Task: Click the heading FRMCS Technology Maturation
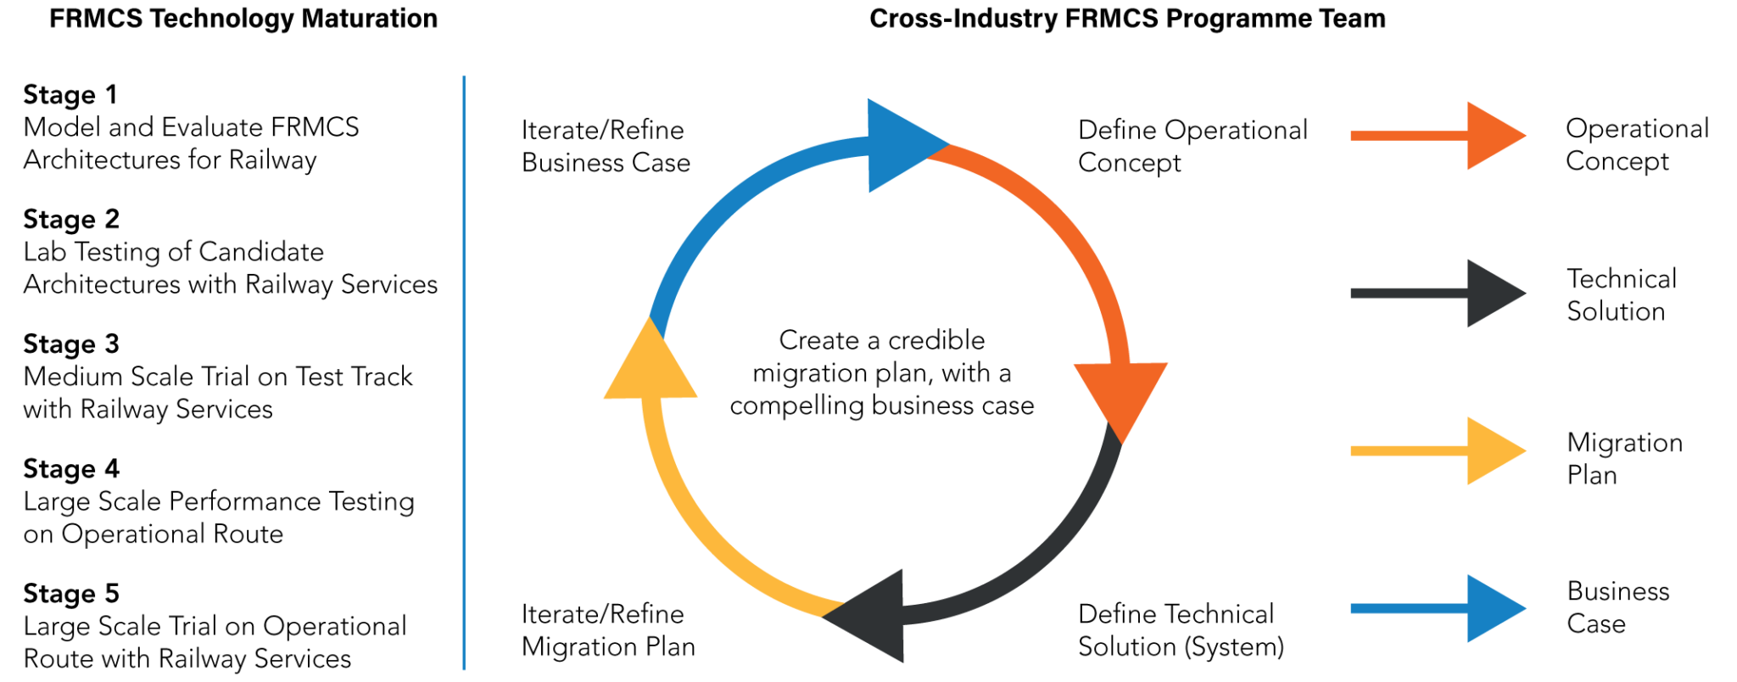point(243,19)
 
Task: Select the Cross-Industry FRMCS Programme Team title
point(1127,19)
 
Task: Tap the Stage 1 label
point(70,94)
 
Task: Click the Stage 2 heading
point(71,219)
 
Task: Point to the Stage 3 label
point(71,344)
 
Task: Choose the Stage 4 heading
point(71,468)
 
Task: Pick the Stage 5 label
point(71,593)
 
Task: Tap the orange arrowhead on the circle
point(1120,394)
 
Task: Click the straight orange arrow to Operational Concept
point(1437,136)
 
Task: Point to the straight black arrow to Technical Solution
point(1437,293)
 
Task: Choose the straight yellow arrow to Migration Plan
point(1437,451)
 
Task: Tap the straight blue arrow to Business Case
point(1437,608)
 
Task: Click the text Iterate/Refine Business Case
point(606,146)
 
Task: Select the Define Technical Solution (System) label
point(1180,630)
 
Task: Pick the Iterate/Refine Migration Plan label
point(608,630)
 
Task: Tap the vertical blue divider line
point(464,373)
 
